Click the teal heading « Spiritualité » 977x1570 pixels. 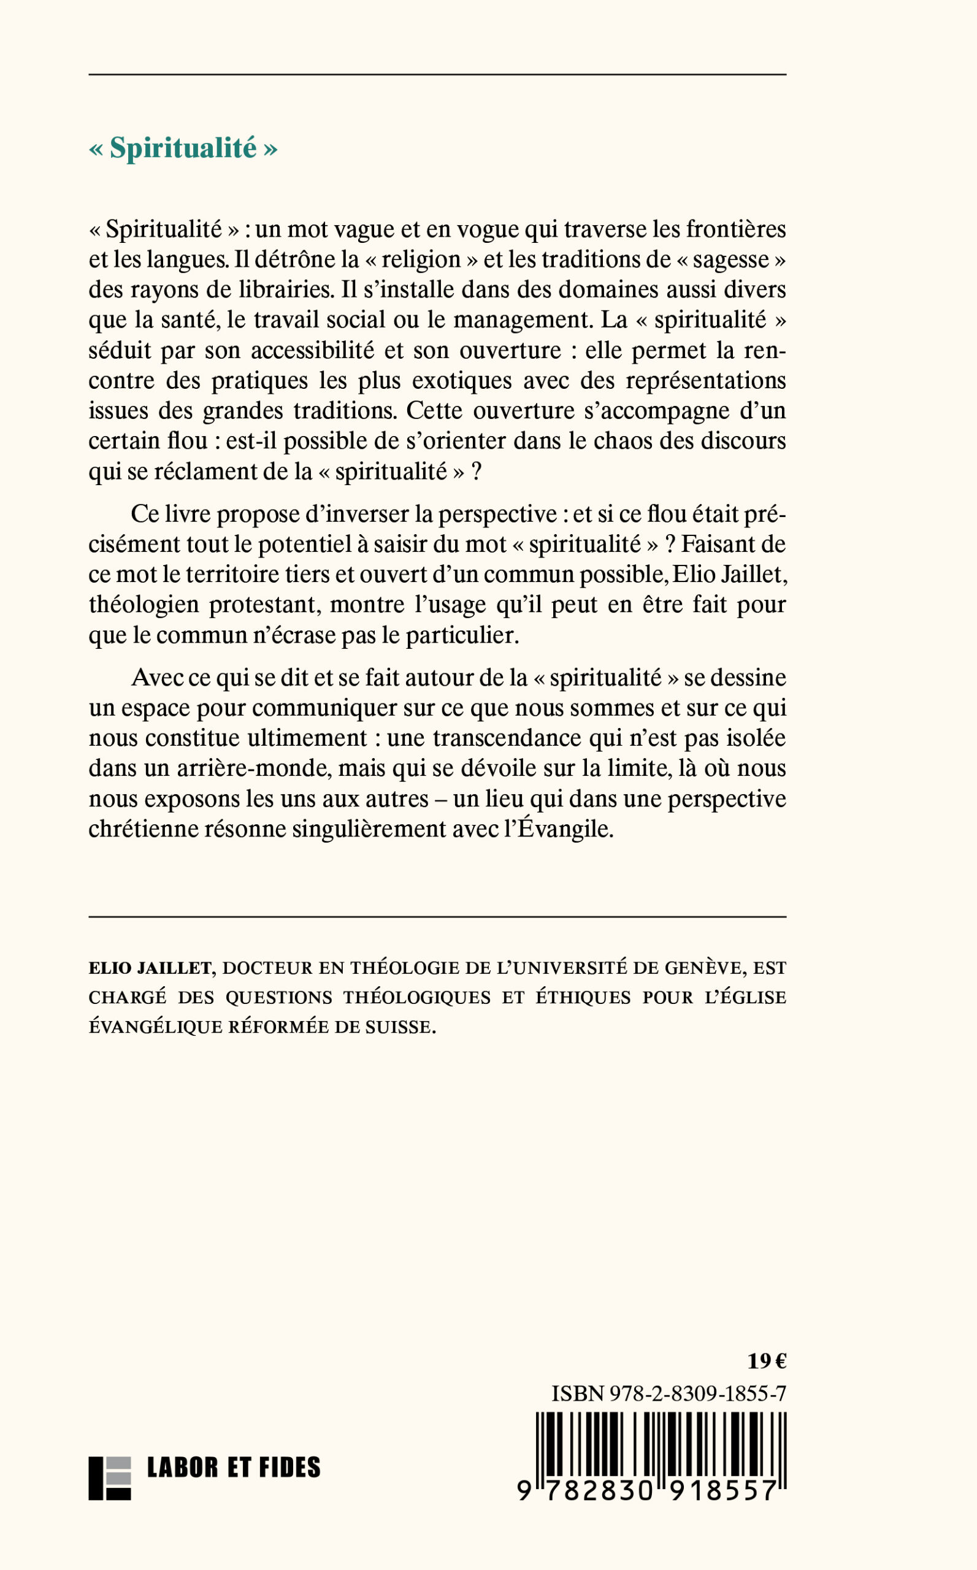tap(183, 148)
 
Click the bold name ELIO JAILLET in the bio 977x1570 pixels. tap(150, 968)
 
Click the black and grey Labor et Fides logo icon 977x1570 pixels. tap(109, 1478)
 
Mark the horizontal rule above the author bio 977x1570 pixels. tap(437, 917)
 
